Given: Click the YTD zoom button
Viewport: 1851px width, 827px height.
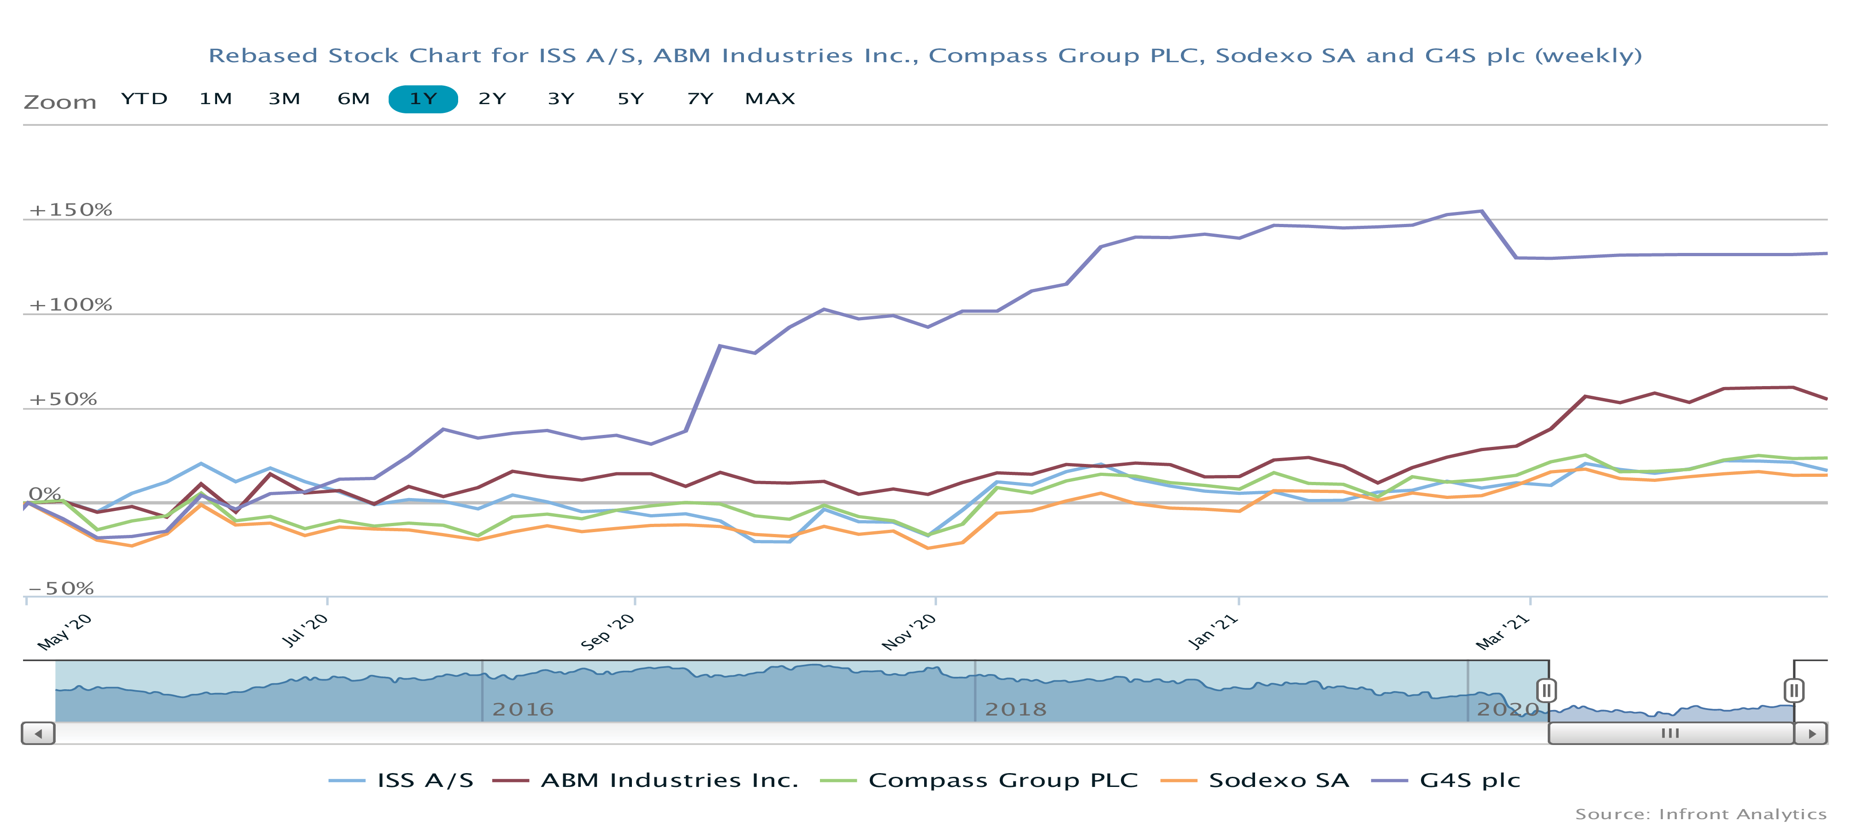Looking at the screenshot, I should pyautogui.click(x=144, y=99).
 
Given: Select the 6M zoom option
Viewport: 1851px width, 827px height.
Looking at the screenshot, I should pyautogui.click(x=354, y=99).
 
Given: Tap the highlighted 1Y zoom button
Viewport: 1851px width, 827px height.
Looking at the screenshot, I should pyautogui.click(x=423, y=99).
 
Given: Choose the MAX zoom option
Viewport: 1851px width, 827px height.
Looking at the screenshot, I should pyautogui.click(x=770, y=99).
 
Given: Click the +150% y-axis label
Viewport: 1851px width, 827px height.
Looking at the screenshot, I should pyautogui.click(x=71, y=210).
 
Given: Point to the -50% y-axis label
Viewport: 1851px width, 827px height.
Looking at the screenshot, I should pyautogui.click(x=61, y=588).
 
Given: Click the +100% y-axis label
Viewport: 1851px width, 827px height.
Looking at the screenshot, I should pyautogui.click(x=71, y=305).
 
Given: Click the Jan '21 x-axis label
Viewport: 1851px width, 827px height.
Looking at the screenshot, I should pyautogui.click(x=1214, y=632).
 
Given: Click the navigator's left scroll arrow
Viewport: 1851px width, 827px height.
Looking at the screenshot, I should pyautogui.click(x=38, y=733).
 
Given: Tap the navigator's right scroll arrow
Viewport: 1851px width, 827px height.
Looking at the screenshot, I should pyautogui.click(x=1811, y=733).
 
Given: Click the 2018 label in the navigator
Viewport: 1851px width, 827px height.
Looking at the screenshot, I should pyautogui.click(x=1015, y=709).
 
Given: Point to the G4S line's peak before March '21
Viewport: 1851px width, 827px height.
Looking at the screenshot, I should pyautogui.click(x=1482, y=211).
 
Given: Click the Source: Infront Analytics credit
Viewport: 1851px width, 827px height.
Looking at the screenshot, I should pyautogui.click(x=1700, y=814).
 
